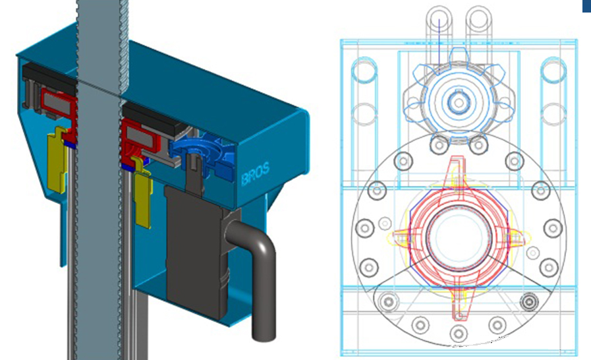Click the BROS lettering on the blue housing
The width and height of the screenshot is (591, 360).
255,173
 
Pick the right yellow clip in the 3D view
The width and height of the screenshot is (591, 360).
142,193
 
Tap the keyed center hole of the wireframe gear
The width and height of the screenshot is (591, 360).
459,102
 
